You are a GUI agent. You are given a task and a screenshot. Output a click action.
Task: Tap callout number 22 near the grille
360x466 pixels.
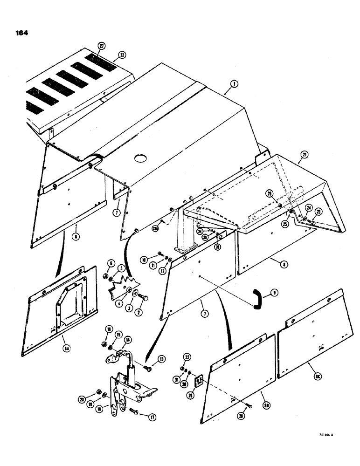point(122,55)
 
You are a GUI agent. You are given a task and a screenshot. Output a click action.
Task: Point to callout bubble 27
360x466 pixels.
point(101,46)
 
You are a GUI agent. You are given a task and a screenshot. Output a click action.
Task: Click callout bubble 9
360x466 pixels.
point(275,293)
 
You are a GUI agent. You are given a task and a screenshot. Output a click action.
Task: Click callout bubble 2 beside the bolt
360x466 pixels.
point(138,313)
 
